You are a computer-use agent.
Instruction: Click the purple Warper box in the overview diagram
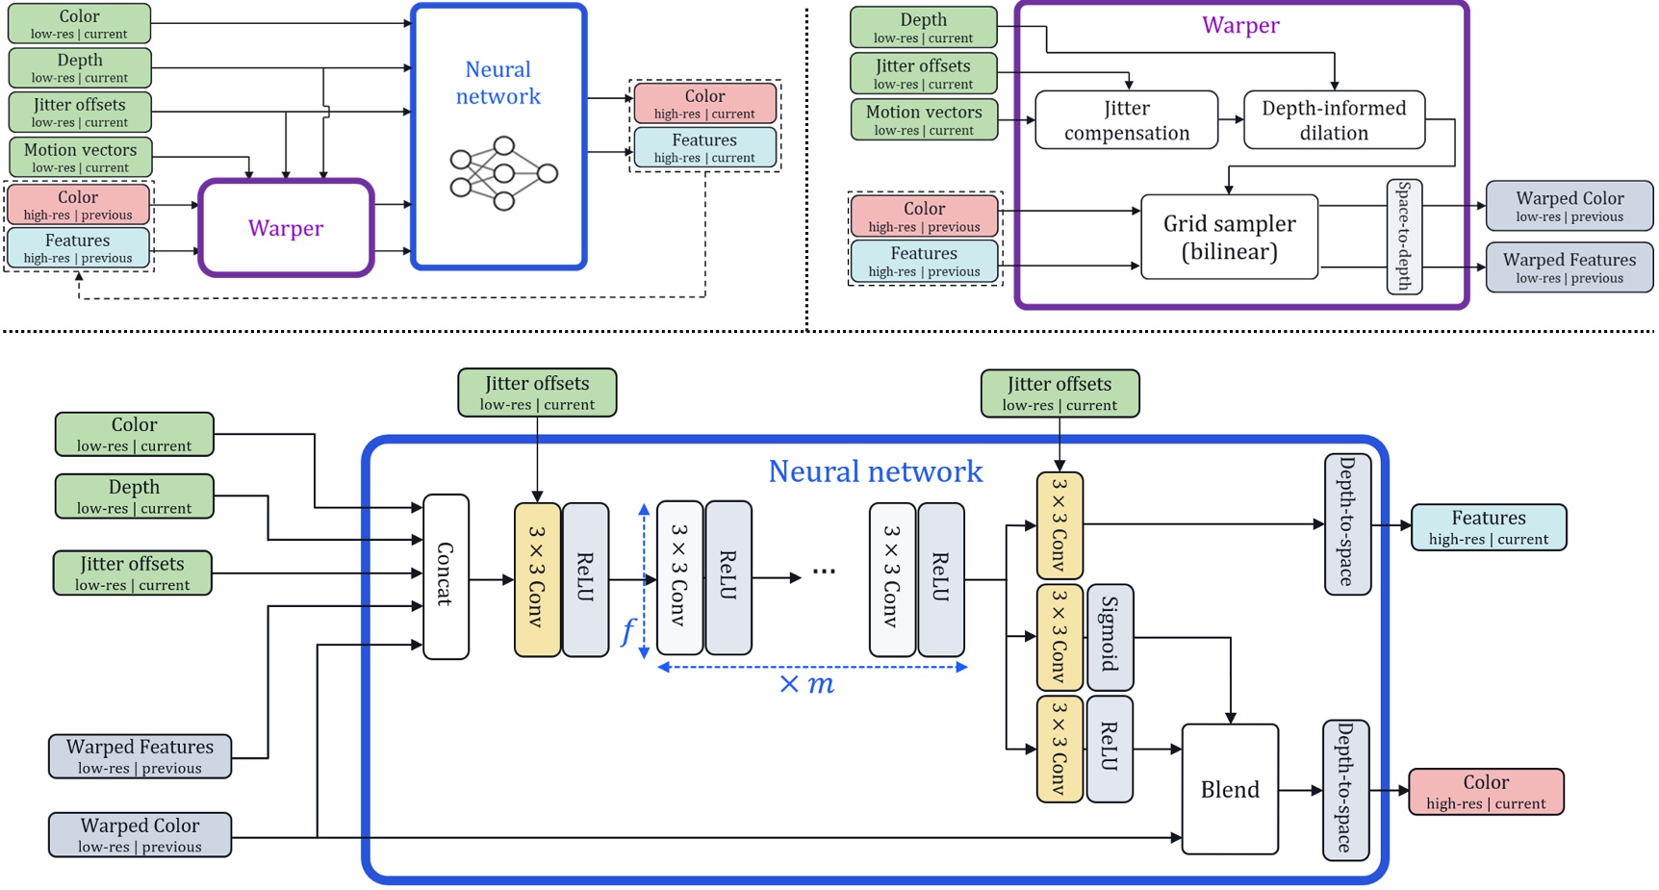coord(286,228)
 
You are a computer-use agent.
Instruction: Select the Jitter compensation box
coord(1126,120)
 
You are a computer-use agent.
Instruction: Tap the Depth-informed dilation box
coord(1334,120)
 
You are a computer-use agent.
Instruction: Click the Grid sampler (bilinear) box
coord(1229,238)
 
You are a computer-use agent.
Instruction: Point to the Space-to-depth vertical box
coord(1404,237)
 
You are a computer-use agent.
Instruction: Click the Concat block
coord(446,575)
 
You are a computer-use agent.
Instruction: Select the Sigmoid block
coord(1110,637)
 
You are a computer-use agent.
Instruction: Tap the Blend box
coord(1229,790)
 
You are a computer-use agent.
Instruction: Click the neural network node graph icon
coord(503,174)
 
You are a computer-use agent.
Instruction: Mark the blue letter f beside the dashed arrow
coord(627,631)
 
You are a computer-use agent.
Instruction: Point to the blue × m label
coord(806,685)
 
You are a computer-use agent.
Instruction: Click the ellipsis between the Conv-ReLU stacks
coord(824,572)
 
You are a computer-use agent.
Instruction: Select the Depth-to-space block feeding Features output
coord(1346,524)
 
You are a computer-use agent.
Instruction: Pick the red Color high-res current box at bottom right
coord(1486,792)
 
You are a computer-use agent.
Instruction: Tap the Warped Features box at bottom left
coord(140,756)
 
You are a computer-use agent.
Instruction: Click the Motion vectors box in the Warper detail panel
coord(923,120)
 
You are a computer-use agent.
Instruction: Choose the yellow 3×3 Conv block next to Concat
coord(537,579)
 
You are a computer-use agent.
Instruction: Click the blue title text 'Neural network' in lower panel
coord(875,471)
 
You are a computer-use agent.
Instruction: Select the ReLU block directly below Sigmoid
coord(1110,749)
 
